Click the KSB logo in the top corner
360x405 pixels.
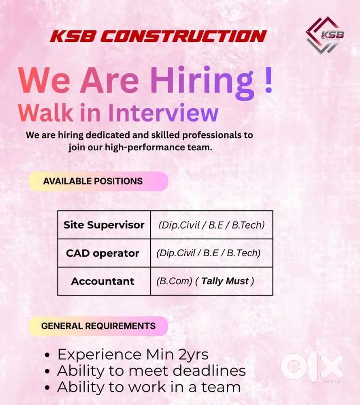tap(325, 35)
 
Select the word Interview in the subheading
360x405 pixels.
tap(164, 112)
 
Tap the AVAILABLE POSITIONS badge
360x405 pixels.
tap(98, 181)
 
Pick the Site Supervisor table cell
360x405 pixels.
tap(104, 225)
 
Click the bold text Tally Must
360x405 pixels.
tap(225, 281)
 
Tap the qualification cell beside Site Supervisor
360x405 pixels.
tap(211, 225)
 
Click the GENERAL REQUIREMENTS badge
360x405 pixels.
tap(98, 326)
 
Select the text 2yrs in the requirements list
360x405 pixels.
tap(193, 355)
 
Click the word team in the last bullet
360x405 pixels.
tap(224, 387)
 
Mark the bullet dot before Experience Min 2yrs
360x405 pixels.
tap(47, 356)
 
